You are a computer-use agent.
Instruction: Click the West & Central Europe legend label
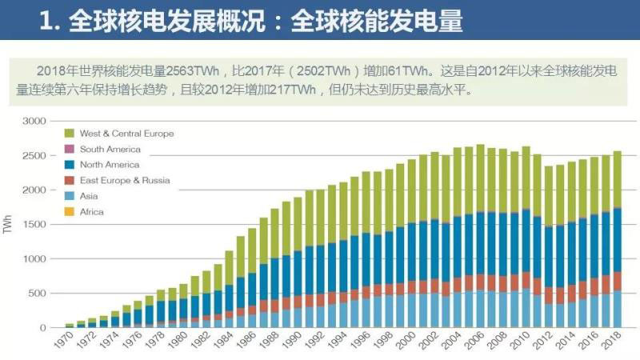pos(126,134)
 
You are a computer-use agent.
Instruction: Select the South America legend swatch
pos(69,149)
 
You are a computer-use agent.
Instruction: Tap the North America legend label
pos(110,165)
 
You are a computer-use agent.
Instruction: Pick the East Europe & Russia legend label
pos(125,181)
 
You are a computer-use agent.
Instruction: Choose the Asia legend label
pos(89,196)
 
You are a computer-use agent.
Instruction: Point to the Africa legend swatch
pos(69,212)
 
